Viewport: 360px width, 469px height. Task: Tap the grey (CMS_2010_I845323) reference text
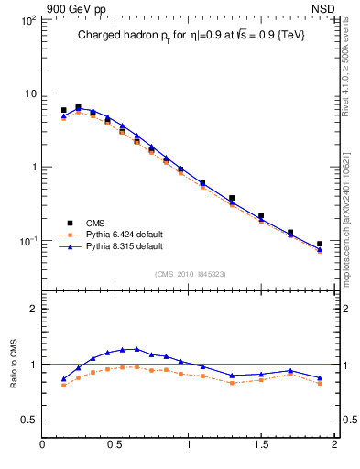[x=190, y=273]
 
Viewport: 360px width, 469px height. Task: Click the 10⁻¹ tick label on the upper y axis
[x=27, y=241]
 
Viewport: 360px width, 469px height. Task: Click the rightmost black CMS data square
[x=320, y=245]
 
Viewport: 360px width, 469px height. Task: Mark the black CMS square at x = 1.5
[x=261, y=216]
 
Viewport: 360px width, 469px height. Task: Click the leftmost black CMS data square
[x=63, y=110]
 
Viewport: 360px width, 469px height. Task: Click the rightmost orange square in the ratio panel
[x=320, y=384]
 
